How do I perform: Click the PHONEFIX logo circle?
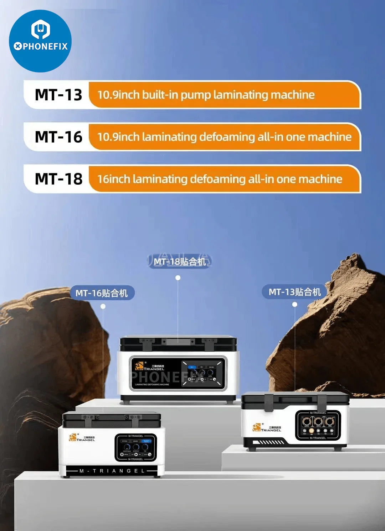click(40, 41)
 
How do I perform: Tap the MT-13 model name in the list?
click(58, 95)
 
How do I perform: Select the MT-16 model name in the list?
click(58, 137)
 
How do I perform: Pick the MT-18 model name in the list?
click(58, 179)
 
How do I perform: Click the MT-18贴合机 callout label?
click(180, 261)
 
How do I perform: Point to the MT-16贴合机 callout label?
click(102, 293)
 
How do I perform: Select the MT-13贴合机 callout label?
click(295, 292)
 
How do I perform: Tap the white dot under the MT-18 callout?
click(178, 278)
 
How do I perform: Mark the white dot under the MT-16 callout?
click(103, 306)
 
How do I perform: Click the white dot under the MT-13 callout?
click(295, 305)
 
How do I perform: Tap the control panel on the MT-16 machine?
click(136, 447)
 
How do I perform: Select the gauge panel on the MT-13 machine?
click(318, 425)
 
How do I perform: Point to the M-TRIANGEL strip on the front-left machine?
click(112, 471)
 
